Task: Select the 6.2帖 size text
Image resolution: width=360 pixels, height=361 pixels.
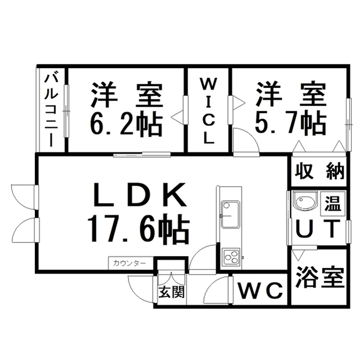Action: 125,122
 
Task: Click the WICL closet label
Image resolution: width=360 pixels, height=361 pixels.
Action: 208,111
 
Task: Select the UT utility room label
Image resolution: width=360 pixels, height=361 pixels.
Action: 317,228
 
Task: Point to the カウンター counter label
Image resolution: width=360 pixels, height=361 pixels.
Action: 130,263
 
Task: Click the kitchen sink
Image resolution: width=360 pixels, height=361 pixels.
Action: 230,214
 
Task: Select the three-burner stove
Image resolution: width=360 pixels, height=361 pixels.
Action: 231,257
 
